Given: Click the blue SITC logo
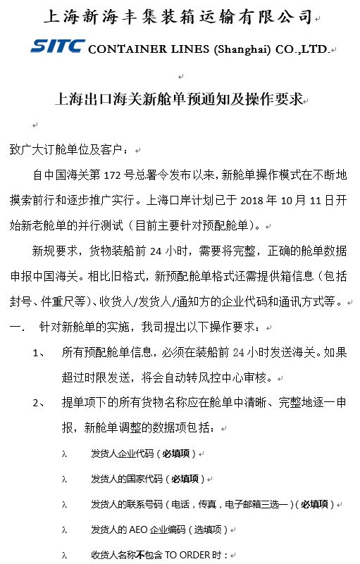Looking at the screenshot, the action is click(x=58, y=47).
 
